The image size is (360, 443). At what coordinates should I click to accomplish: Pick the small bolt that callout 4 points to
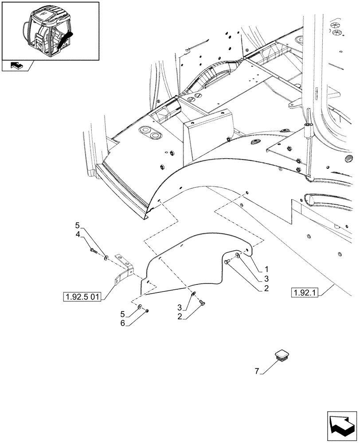coord(93,251)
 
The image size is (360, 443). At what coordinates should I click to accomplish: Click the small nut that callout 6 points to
coord(147,311)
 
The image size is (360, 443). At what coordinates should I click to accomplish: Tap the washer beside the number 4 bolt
coord(106,257)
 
